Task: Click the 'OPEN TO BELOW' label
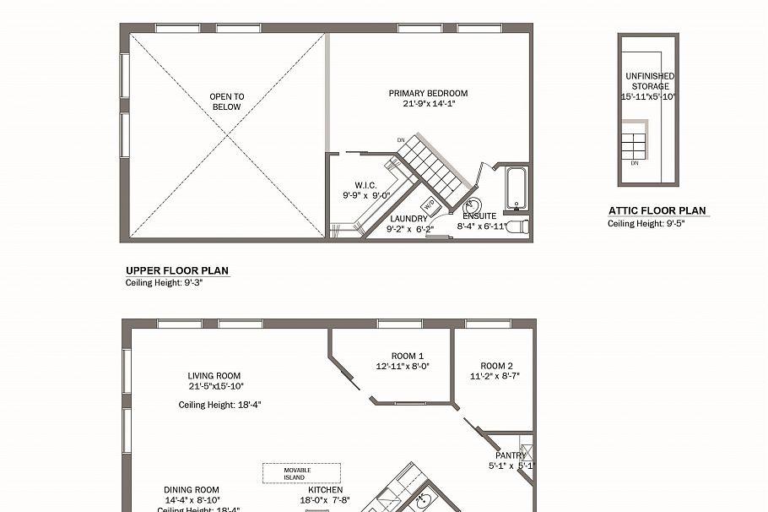[226, 102]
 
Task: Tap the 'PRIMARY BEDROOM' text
[428, 94]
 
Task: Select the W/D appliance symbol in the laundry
[429, 204]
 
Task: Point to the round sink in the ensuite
[473, 206]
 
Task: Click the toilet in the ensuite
[522, 226]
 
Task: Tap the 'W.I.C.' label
[365, 185]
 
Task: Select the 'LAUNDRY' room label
[408, 218]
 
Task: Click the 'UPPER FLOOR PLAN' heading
[177, 271]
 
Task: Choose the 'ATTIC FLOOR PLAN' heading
[657, 211]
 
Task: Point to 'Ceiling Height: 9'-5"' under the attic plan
[642, 224]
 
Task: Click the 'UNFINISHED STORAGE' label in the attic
[650, 81]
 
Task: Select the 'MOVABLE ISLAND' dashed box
[301, 473]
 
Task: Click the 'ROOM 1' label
[408, 356]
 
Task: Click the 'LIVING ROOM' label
[214, 376]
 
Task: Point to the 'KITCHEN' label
[326, 490]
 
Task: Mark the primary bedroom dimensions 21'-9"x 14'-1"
[428, 105]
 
